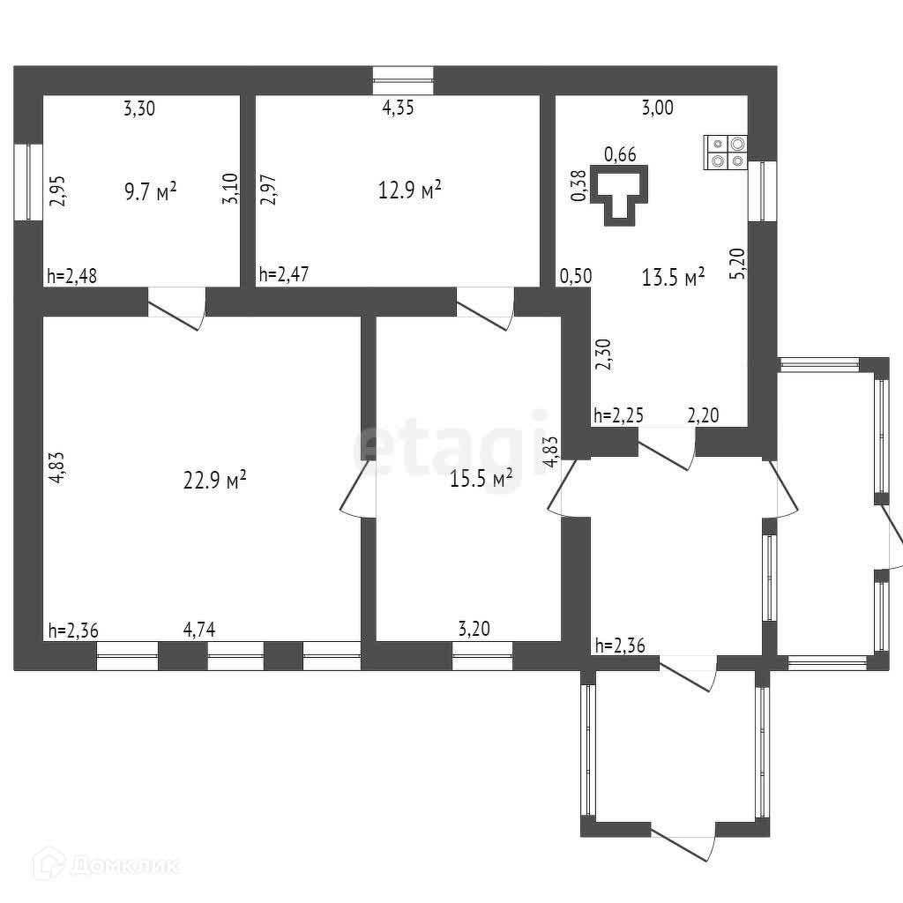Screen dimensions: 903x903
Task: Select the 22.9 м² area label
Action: [x=213, y=481]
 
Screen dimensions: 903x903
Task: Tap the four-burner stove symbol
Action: [x=726, y=152]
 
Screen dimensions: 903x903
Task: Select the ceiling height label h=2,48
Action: [x=71, y=277]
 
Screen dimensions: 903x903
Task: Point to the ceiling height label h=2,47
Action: [x=284, y=277]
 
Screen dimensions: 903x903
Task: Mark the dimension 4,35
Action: [x=398, y=109]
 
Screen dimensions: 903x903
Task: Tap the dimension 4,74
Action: [x=199, y=630]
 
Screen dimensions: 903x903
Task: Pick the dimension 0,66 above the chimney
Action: [x=619, y=155]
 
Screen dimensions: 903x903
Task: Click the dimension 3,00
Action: [x=657, y=108]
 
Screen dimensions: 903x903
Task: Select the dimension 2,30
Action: [x=604, y=355]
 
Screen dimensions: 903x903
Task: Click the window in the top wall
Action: [x=403, y=80]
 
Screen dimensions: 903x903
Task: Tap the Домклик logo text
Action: [x=123, y=865]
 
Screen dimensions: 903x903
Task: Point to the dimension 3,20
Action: [x=474, y=630]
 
